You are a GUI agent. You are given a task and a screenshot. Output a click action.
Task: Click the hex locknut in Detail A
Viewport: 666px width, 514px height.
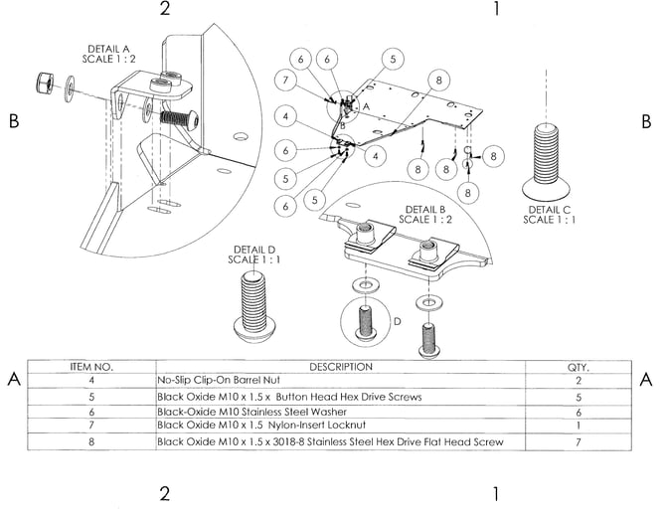point(44,83)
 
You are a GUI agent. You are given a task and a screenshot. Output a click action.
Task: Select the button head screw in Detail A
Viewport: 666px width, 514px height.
point(179,117)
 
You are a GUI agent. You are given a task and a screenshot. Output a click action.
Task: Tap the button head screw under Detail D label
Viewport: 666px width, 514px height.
point(254,306)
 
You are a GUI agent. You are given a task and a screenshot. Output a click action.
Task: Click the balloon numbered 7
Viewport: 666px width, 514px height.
point(285,80)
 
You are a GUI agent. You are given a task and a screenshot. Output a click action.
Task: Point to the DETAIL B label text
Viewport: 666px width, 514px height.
point(425,215)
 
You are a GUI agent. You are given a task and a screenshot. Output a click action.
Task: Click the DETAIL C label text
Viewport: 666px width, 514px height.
point(549,215)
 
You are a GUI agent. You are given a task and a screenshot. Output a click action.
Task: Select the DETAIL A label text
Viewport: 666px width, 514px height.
point(108,54)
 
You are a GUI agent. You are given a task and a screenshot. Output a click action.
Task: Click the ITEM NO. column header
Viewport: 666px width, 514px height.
point(91,367)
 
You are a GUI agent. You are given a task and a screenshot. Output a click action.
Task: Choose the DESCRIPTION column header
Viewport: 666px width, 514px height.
point(341,367)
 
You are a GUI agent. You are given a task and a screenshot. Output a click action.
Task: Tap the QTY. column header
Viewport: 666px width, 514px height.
point(579,367)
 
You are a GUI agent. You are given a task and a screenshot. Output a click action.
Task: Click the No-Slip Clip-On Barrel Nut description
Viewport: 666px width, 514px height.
point(219,380)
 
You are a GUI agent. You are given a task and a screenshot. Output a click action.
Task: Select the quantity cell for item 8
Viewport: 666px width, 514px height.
point(579,442)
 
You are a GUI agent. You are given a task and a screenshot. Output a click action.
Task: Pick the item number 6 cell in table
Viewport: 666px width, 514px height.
point(91,412)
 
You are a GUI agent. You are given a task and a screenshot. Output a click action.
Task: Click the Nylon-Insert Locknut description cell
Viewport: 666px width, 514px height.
point(261,425)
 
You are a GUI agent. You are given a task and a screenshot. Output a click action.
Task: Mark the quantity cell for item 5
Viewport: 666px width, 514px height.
point(579,398)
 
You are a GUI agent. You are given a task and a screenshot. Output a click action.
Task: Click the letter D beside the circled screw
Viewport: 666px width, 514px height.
point(398,321)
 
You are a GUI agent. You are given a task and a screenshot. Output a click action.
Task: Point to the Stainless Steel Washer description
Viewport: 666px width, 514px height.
point(251,412)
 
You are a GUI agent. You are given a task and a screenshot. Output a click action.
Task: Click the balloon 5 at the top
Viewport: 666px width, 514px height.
point(393,59)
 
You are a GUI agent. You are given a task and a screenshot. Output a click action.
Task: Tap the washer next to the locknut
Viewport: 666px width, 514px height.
point(70,88)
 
